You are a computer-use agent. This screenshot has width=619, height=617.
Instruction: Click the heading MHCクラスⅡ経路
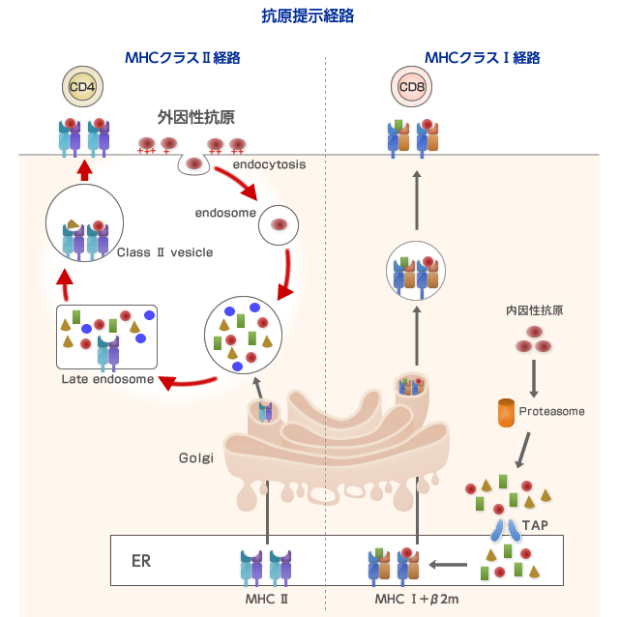tap(183, 57)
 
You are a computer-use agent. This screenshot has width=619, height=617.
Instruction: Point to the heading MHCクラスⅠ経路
tap(482, 57)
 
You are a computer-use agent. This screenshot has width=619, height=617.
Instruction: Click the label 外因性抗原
tap(196, 117)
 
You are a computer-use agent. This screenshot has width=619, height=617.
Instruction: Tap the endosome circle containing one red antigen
tap(279, 224)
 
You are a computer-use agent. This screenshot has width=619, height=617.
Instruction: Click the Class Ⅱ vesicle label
tap(164, 252)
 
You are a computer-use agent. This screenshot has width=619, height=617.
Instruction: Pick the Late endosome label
tap(107, 378)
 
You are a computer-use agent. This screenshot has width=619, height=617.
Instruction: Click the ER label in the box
tap(141, 560)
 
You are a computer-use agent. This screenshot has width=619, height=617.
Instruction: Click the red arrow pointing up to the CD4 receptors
tap(84, 170)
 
